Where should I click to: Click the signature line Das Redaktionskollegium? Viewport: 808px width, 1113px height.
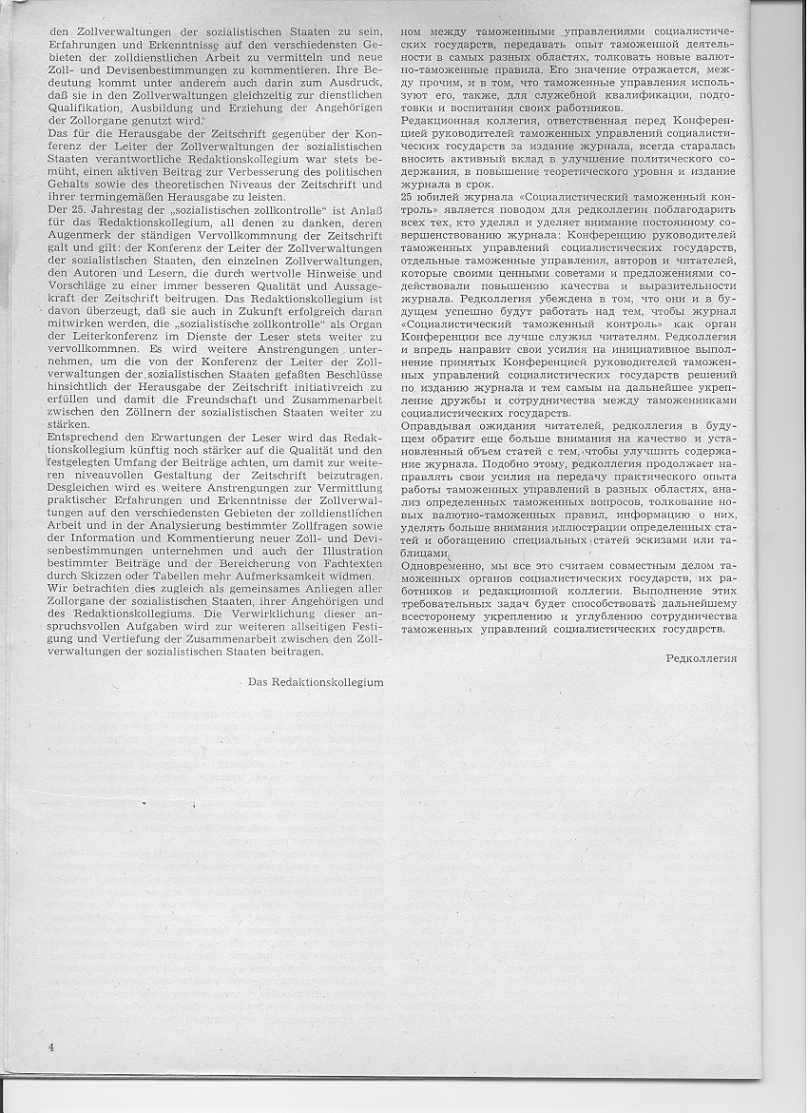[316, 681]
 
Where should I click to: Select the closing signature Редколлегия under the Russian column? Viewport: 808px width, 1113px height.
[702, 657]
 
